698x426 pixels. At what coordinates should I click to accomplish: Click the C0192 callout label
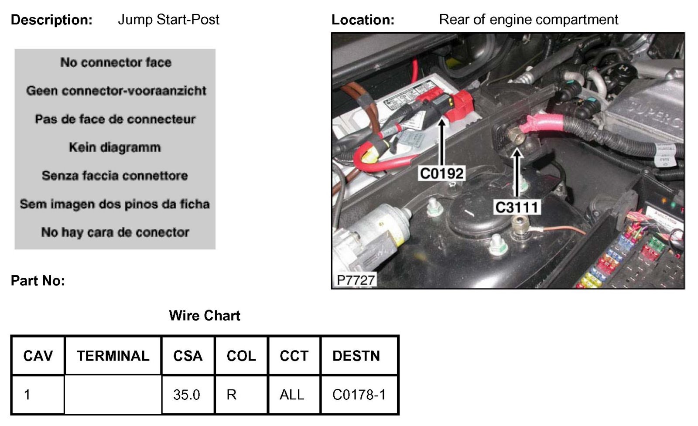pyautogui.click(x=441, y=174)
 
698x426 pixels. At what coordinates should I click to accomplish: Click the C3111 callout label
pyautogui.click(x=517, y=207)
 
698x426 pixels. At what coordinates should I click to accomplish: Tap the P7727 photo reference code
pyautogui.click(x=356, y=280)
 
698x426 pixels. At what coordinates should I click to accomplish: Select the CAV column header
pyautogui.click(x=38, y=356)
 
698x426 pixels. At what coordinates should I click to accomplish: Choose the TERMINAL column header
pyautogui.click(x=113, y=356)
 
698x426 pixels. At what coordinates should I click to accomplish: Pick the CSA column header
pyautogui.click(x=188, y=356)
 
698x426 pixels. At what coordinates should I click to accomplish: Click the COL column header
pyautogui.click(x=241, y=356)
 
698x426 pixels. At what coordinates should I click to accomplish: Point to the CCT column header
pyautogui.click(x=294, y=356)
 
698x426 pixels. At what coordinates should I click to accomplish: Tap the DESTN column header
pyautogui.click(x=356, y=356)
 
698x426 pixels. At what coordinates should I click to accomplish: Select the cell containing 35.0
pyautogui.click(x=187, y=395)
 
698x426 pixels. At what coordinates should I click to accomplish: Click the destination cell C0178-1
pyautogui.click(x=359, y=395)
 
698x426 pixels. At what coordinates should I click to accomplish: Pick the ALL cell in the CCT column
pyautogui.click(x=292, y=395)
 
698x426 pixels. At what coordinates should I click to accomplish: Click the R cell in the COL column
pyautogui.click(x=232, y=395)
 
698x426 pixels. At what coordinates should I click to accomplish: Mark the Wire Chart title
pyautogui.click(x=205, y=316)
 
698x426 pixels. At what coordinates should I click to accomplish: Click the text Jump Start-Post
pyautogui.click(x=168, y=20)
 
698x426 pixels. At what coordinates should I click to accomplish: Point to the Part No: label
pyautogui.click(x=38, y=281)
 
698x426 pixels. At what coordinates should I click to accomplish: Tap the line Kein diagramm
pyautogui.click(x=115, y=147)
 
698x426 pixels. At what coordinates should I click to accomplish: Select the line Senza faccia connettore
pyautogui.click(x=115, y=176)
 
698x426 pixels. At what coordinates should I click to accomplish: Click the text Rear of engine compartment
pyautogui.click(x=528, y=20)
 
